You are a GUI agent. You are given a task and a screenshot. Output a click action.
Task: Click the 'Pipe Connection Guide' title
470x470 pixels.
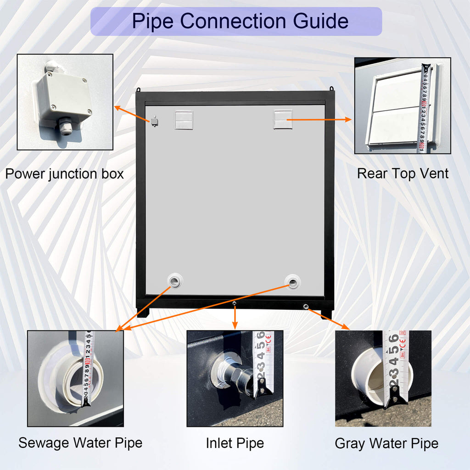point(236,21)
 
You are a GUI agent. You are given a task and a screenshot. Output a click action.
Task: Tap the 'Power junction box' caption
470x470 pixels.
point(64,174)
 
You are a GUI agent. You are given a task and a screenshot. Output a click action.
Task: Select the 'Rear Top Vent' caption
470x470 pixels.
point(403,173)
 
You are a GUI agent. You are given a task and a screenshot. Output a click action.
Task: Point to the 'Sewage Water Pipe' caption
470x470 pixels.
point(80,443)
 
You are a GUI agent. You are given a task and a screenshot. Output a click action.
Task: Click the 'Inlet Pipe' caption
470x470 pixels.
point(235,443)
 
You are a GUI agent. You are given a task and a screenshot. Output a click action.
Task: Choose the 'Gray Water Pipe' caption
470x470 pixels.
point(386,443)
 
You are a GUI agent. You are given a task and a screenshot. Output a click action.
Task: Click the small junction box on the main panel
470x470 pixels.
point(155,121)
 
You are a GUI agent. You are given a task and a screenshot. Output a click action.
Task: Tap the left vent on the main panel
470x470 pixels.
point(184,120)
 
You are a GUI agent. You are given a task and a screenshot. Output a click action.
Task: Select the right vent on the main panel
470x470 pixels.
point(283,119)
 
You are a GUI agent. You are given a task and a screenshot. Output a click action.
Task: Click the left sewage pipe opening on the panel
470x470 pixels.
point(175,280)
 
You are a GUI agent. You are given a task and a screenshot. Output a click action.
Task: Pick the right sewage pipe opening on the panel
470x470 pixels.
point(292,281)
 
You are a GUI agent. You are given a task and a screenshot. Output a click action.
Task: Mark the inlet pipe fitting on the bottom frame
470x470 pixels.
point(235,304)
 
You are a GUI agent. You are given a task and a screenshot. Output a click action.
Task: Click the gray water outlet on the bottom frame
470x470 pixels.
point(306,305)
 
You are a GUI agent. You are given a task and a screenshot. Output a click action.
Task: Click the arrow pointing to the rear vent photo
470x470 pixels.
point(321,119)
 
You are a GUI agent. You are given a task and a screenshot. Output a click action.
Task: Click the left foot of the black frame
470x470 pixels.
point(143,313)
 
